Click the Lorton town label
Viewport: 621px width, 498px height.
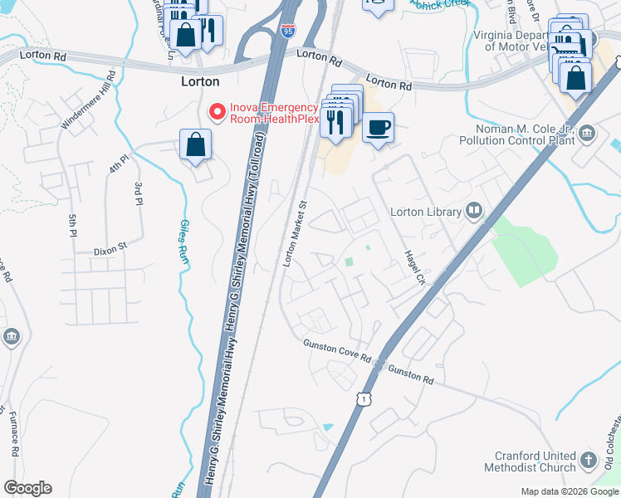pos(200,81)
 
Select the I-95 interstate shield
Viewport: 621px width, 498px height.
pos(287,31)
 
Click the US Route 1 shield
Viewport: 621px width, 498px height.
pos(363,400)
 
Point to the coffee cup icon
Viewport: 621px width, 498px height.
pos(378,128)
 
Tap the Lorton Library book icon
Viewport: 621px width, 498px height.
pos(474,212)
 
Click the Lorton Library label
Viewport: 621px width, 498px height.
pos(426,212)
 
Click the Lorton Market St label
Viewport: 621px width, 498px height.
pos(296,233)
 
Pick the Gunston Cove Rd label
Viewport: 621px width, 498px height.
pos(336,350)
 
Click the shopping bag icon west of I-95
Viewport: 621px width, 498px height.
pos(194,144)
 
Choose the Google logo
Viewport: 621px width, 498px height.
pos(27,488)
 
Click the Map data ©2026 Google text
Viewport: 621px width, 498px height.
pos(569,491)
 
